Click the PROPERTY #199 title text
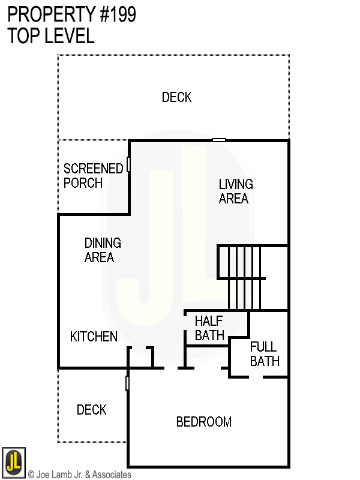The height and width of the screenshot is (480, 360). tap(71, 14)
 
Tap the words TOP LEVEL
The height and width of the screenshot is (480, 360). tap(51, 36)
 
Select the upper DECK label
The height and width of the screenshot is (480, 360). tap(177, 97)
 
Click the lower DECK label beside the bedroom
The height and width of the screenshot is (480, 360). tap(92, 410)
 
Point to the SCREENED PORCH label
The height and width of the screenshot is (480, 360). tap(93, 176)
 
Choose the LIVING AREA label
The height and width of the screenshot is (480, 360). tap(235, 191)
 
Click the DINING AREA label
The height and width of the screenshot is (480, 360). tap(103, 250)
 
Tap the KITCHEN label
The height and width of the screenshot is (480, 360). tap(94, 337)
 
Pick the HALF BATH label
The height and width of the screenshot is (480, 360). tap(209, 328)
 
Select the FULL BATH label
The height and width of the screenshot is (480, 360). tap(265, 354)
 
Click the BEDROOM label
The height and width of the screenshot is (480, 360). tap(204, 422)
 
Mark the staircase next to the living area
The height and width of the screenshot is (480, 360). tap(243, 276)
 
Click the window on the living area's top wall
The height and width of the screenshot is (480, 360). tap(219, 140)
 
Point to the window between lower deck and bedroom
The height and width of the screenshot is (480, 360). tap(127, 383)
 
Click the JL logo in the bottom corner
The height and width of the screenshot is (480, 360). tap(13, 461)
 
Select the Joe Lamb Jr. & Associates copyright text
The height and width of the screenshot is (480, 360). tap(80, 475)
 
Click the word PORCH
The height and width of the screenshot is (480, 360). tap(83, 183)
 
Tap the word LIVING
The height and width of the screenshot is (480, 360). tap(236, 184)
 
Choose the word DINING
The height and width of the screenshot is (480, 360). tap(103, 243)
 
